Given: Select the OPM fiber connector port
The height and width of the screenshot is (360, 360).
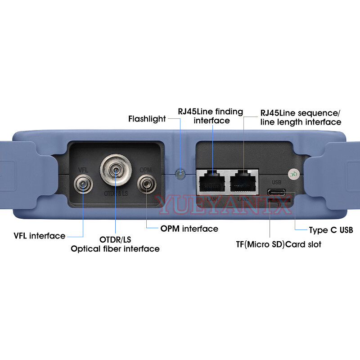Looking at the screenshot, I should point(146,184).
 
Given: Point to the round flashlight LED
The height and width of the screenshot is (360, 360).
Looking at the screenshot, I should point(180,173).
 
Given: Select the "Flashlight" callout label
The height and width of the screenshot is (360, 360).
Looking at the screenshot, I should point(147,119).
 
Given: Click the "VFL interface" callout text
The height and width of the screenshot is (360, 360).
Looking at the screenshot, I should point(39,236).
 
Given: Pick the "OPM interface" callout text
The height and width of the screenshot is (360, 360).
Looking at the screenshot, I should point(189,229).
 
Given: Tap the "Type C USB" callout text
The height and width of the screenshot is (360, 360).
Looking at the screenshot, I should point(331,230).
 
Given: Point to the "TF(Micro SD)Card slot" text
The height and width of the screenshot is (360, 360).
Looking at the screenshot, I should point(279,244).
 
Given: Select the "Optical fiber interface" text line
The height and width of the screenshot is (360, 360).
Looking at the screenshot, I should point(115,248).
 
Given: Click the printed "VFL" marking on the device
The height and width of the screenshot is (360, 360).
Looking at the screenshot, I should point(83,170).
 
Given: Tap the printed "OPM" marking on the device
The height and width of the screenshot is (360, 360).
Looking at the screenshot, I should point(146,170).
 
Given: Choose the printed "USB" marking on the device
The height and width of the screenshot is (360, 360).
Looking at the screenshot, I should point(276,183).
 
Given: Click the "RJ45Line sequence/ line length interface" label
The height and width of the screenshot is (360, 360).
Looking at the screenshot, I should point(301,117).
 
